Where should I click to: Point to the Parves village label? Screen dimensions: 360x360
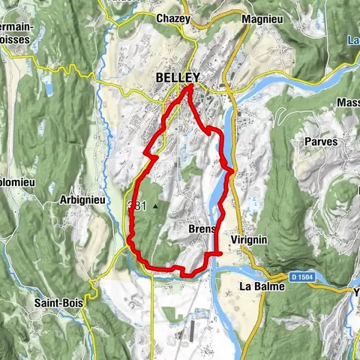point(322,141)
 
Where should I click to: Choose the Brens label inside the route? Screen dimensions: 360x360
point(202,229)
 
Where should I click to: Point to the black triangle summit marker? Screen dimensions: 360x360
point(155,205)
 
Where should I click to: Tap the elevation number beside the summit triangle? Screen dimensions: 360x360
point(137,205)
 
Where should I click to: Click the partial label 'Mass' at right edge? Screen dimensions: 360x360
point(348,102)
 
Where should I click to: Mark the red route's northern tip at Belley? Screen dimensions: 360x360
point(190,87)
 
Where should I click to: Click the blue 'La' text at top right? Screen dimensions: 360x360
point(352,40)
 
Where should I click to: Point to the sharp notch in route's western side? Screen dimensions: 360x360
point(144,153)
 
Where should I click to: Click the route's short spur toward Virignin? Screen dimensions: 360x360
point(220,254)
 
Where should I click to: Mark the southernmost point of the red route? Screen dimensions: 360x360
point(183,275)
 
